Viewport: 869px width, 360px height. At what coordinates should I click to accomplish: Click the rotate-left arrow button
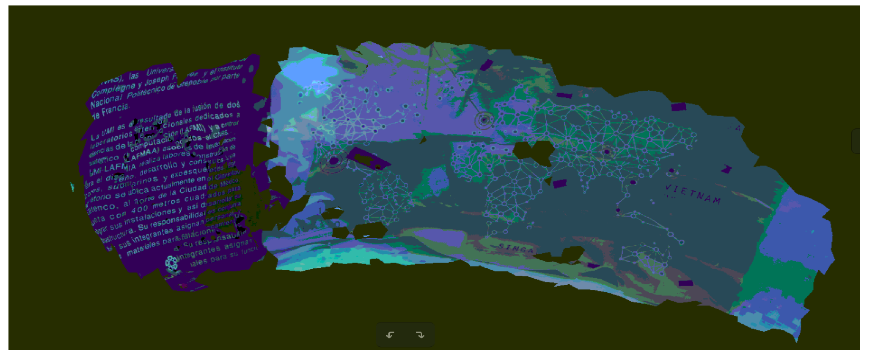390,335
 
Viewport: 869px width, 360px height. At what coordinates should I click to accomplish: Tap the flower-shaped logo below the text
171,263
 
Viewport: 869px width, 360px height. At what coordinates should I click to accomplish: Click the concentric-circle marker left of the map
334,161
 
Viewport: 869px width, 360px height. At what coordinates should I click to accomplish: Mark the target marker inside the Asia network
607,151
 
